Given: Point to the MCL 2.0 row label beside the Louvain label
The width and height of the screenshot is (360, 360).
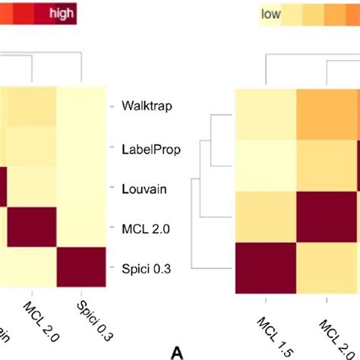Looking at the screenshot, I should (141, 227).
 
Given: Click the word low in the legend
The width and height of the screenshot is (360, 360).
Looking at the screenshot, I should (270, 14).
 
